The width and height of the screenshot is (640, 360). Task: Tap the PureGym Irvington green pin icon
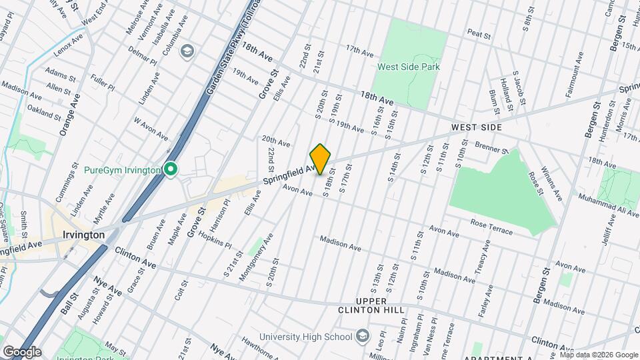pos(171,170)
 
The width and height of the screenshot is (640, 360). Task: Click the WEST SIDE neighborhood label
pos(476,127)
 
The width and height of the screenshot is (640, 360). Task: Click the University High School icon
pos(362,335)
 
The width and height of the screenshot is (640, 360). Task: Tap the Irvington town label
pos(83,235)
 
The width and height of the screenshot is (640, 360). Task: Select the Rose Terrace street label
pos(491,227)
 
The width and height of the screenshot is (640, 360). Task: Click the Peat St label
pos(479,32)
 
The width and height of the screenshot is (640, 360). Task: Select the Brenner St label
pos(493,145)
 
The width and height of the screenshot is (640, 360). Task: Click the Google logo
pos(22,351)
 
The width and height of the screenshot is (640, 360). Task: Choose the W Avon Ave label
pos(151,128)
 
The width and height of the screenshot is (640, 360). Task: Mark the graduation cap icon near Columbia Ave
pos(187,51)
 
